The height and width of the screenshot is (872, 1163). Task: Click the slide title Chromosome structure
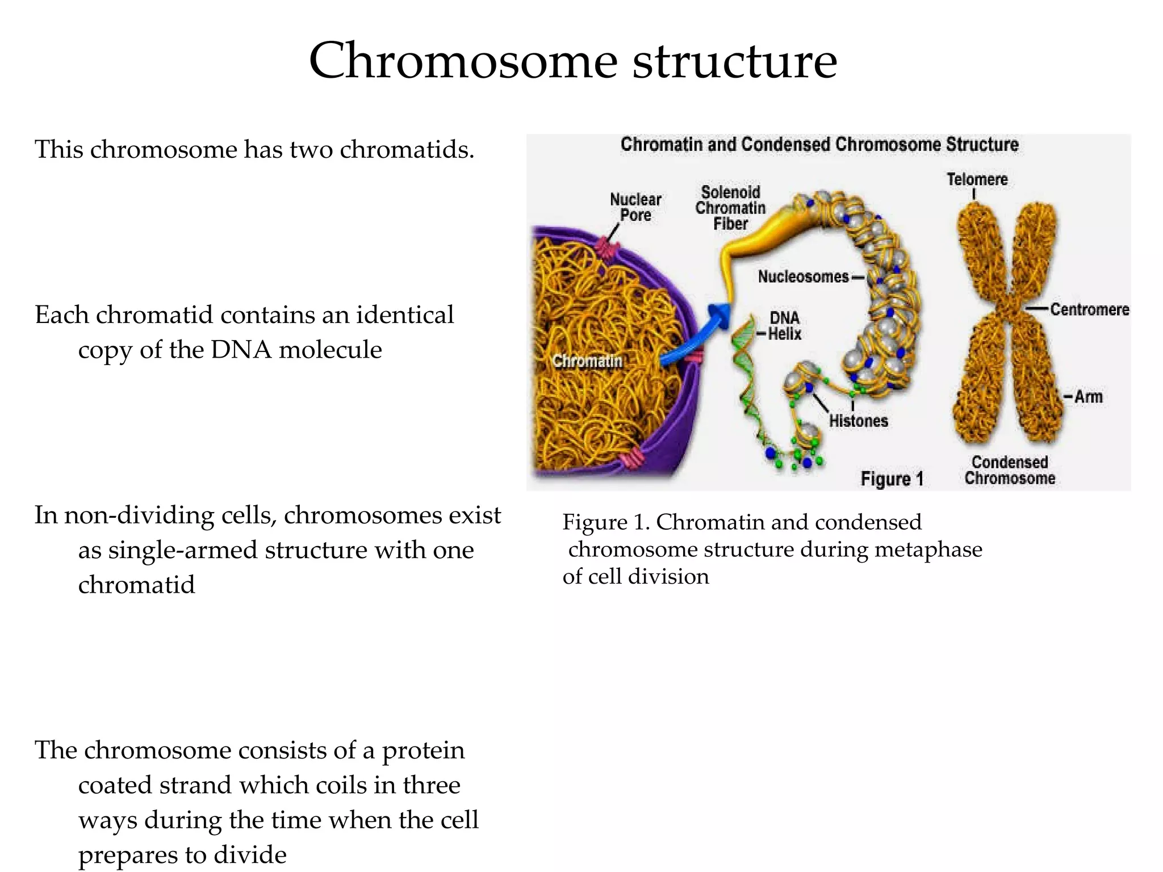point(572,61)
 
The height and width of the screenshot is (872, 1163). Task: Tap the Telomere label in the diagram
point(977,179)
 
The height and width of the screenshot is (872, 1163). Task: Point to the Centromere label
point(1089,309)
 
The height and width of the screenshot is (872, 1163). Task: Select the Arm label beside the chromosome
point(1088,397)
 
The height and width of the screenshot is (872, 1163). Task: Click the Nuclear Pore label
point(635,207)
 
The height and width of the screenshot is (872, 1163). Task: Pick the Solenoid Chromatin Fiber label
point(730,208)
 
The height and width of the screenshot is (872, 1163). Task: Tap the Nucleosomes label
point(803,277)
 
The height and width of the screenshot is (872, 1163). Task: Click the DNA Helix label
point(784,326)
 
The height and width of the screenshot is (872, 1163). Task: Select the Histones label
point(858,421)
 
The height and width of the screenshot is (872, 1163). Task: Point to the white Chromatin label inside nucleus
point(587,361)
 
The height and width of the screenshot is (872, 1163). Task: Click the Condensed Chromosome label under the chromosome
point(1010,470)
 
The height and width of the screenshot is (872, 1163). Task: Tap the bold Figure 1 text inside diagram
point(892,479)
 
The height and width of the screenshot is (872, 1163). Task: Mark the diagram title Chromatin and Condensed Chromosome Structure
point(819,145)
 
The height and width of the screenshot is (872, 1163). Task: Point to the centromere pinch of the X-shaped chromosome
point(1009,309)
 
